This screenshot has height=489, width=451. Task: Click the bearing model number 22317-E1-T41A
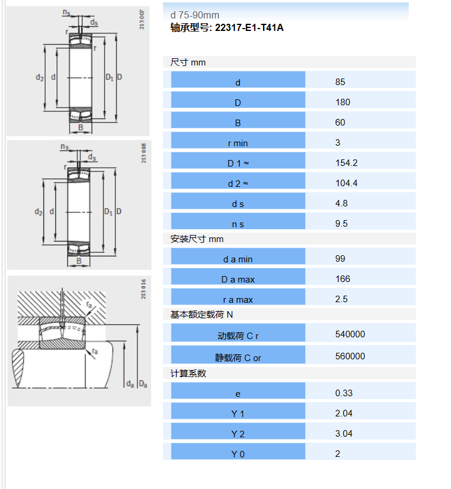pos(249,28)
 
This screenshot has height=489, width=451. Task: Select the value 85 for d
pos(340,82)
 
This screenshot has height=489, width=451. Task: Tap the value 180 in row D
pos(343,102)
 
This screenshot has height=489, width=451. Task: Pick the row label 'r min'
pos(237,143)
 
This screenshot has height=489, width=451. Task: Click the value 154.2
pos(346,163)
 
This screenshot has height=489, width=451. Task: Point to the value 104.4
pos(346,183)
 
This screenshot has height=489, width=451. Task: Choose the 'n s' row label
pos(237,224)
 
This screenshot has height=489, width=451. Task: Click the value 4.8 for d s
pos(341,203)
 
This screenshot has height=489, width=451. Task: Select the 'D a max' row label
pos(237,280)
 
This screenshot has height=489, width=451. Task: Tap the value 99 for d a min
pos(340,259)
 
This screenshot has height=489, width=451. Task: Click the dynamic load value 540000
pos(350,334)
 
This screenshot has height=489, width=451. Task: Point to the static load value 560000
pos(350,356)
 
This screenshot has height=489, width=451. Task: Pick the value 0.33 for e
pos(344,393)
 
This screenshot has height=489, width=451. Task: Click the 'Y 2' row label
pos(237,434)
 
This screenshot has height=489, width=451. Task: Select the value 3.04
pos(344,434)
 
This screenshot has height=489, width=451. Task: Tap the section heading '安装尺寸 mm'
pos(197,239)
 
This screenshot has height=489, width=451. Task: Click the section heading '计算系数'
pos(188,374)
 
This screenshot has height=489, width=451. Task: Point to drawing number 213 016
pos(143,289)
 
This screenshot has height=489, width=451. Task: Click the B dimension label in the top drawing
pos(80,127)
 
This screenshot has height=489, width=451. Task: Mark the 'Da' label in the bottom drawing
pos(143,384)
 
